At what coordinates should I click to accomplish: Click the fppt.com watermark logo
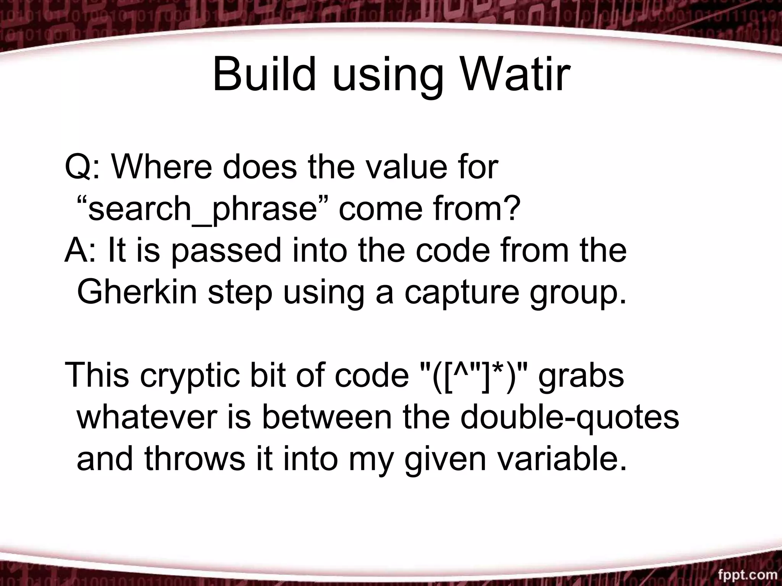pyautogui.click(x=748, y=575)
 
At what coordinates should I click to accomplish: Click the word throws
pyautogui.click(x=195, y=459)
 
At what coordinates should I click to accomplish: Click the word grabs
pyautogui.click(x=581, y=376)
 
